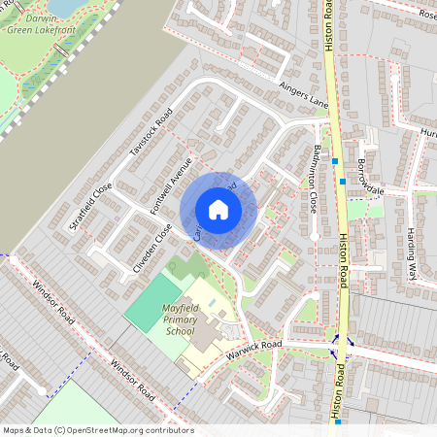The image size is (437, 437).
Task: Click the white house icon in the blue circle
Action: pyautogui.click(x=218, y=210)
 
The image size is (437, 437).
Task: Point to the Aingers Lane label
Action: pyautogui.click(x=304, y=95)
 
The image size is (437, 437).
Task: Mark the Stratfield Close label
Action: pyautogui.click(x=91, y=206)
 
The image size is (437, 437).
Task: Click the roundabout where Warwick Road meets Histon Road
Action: pyautogui.click(x=341, y=342)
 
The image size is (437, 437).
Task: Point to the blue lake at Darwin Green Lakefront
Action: pyautogui.click(x=64, y=8)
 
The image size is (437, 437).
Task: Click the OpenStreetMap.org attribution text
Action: pyautogui.click(x=126, y=430)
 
